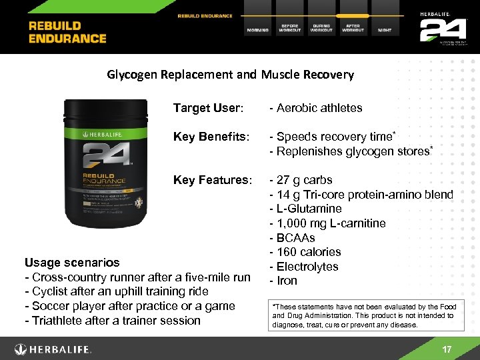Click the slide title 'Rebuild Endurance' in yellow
point(67,31)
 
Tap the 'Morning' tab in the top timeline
point(258,29)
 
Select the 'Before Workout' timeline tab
point(289,28)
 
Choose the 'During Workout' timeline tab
point(321,28)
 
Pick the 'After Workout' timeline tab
point(353,28)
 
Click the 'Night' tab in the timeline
point(385,29)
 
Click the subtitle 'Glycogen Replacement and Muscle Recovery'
point(231,75)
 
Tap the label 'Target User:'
point(208,108)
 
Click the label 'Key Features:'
point(213,180)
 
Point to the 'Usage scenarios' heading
point(72,263)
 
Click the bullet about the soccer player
point(129,306)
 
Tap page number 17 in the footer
point(447,350)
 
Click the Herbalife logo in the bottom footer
point(53,349)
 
